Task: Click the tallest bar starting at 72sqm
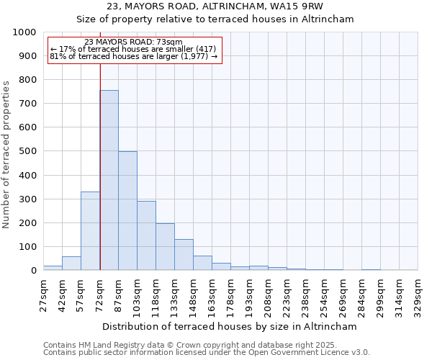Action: [x=109, y=180]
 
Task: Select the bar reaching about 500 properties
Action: [x=127, y=211]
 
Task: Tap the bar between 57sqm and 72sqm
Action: [x=90, y=231]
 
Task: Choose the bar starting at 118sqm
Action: [x=165, y=247]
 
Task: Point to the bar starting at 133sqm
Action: [x=184, y=255]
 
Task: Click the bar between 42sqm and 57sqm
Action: [x=71, y=264]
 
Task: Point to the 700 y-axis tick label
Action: [x=27, y=104]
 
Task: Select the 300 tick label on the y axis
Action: [x=27, y=199]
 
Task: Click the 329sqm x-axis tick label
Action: [x=418, y=293]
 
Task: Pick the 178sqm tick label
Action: [x=230, y=293]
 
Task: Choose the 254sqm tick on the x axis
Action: [x=324, y=293]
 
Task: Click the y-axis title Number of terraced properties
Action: [x=6, y=154]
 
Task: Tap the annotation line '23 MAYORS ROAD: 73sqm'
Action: [x=133, y=42]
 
